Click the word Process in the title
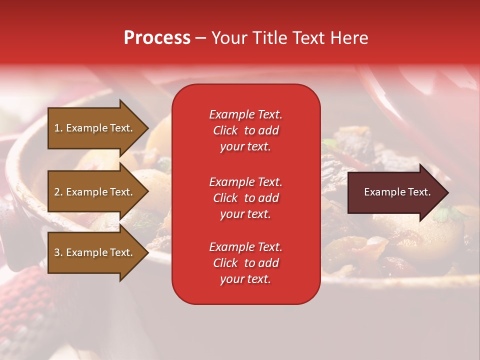157,38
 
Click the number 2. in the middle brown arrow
58,192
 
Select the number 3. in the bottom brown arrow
58,252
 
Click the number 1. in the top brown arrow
58,128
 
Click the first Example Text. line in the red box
245,114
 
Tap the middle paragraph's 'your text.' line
245,214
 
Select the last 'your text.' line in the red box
245,279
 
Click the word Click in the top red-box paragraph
225,130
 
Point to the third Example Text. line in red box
245,247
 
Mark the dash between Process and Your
200,38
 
